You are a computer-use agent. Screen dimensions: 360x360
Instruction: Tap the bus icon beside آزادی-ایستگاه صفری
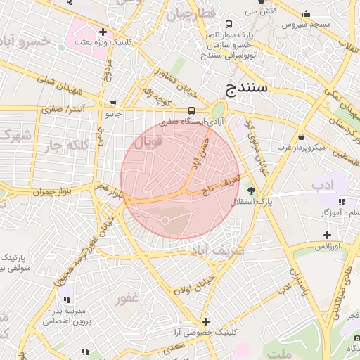192,110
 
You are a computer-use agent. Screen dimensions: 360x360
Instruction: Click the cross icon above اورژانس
326,235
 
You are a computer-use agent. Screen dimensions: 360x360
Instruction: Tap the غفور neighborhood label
127,298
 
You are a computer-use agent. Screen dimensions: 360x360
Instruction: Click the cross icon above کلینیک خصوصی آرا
205,321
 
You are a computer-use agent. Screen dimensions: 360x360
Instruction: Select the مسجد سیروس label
306,24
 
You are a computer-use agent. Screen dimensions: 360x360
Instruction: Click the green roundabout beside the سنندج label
218,110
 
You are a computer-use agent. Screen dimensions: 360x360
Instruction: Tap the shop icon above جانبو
112,103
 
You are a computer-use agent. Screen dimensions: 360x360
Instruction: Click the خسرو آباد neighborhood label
25,41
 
